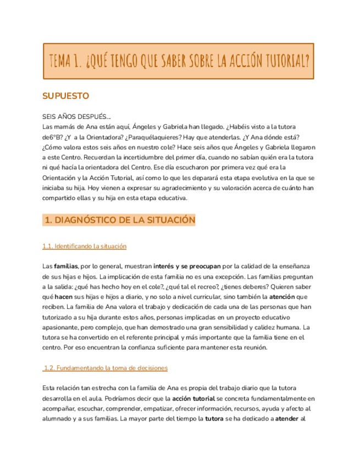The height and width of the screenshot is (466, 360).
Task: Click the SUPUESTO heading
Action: pyautogui.click(x=65, y=96)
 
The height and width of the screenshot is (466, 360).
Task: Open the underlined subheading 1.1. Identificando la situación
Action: pyautogui.click(x=84, y=246)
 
